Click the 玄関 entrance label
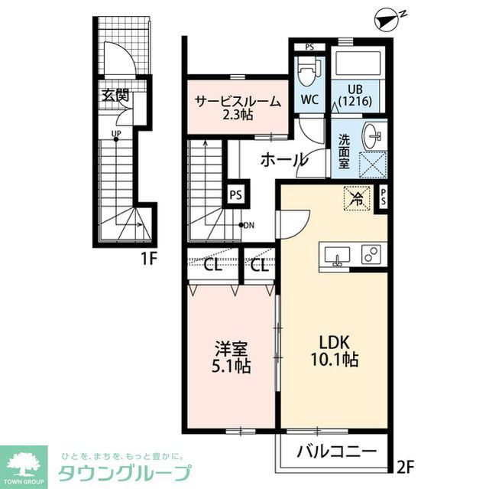117,96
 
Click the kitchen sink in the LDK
337,256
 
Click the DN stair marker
248,225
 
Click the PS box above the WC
309,47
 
